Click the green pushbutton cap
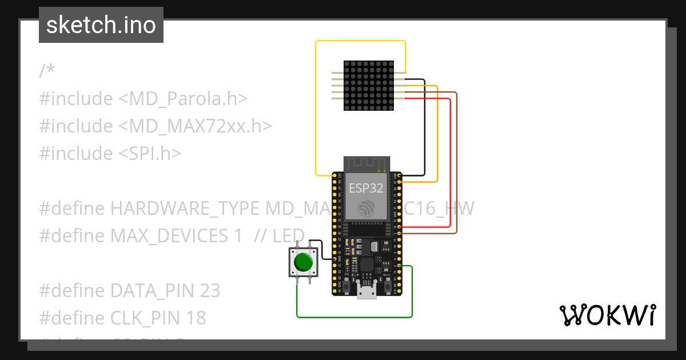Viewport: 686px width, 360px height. coord(303,262)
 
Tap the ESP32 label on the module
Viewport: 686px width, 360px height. coord(366,189)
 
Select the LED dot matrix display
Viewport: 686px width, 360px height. coord(369,86)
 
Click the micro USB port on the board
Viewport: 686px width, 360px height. coord(366,293)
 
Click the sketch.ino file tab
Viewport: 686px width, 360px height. coord(101,25)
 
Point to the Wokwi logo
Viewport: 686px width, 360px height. coord(607,315)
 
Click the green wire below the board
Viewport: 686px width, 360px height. coord(354,317)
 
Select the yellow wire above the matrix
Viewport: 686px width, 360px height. coord(360,41)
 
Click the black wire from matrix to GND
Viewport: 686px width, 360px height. coord(424,126)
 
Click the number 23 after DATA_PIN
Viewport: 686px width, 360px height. coord(210,291)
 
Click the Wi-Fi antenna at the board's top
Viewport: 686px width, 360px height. coord(366,163)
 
